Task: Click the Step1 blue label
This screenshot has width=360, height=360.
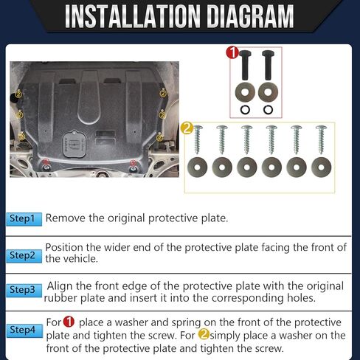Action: (x=24, y=219)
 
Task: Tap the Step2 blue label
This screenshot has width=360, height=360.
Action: (x=24, y=256)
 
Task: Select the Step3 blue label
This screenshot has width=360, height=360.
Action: (x=24, y=291)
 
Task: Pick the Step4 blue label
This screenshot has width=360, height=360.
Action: (x=24, y=330)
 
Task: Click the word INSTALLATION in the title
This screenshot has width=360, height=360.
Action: (x=133, y=16)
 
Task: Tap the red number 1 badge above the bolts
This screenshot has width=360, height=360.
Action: (x=232, y=53)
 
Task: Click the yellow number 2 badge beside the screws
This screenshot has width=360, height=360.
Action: (x=187, y=128)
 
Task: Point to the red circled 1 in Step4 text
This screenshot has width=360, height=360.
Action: (x=69, y=322)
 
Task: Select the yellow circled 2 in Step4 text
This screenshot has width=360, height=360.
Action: (x=204, y=334)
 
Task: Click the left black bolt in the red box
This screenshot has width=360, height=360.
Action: (x=245, y=65)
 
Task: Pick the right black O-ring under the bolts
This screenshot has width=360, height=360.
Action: (x=268, y=110)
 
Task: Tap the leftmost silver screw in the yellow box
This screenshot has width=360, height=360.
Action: (x=197, y=139)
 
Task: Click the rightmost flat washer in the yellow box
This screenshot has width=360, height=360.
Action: (x=321, y=167)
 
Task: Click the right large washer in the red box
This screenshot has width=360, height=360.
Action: (x=268, y=92)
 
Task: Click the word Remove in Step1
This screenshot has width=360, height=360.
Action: (x=66, y=218)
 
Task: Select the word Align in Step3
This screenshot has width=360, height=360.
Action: (x=60, y=286)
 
